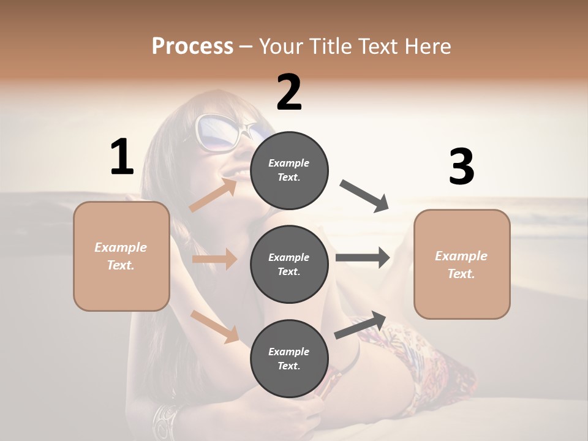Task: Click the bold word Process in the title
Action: pyautogui.click(x=192, y=47)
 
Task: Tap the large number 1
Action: pyautogui.click(x=122, y=157)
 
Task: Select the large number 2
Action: pyautogui.click(x=289, y=93)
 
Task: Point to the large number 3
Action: pyautogui.click(x=461, y=167)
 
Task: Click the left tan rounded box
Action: pyautogui.click(x=121, y=256)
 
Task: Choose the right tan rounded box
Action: pyautogui.click(x=462, y=264)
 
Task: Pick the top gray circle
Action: pyautogui.click(x=289, y=170)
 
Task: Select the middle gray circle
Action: pyautogui.click(x=289, y=264)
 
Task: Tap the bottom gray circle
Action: pyautogui.click(x=289, y=358)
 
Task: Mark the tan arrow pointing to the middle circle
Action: pyautogui.click(x=214, y=259)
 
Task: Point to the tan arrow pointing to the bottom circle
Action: pyautogui.click(x=214, y=326)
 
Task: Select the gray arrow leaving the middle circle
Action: pyautogui.click(x=363, y=258)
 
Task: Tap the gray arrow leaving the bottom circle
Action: pyautogui.click(x=360, y=325)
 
